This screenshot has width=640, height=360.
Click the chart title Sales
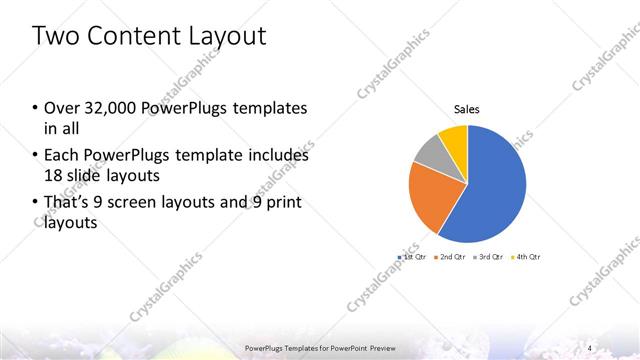(467, 108)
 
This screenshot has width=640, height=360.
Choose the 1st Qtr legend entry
(413, 257)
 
